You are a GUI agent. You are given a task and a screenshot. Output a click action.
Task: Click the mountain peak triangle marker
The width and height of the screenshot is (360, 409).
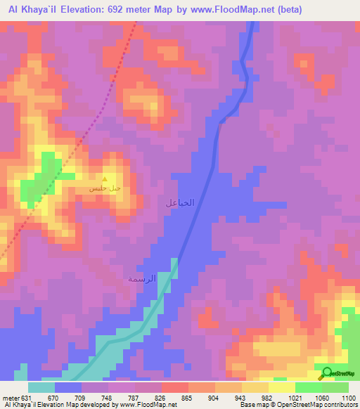[105, 178]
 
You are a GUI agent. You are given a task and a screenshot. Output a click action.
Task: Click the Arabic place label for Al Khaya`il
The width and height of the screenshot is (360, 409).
[179, 203]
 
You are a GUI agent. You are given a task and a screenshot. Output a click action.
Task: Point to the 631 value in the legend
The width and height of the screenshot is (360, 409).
[26, 397]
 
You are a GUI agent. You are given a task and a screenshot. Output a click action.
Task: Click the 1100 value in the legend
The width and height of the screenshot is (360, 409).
[349, 397]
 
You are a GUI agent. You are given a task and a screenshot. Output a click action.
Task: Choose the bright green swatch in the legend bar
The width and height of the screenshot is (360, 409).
[309, 387]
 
